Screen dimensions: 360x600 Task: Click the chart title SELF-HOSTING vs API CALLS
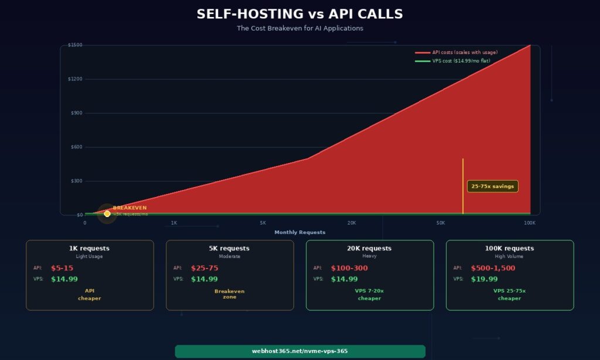(299, 14)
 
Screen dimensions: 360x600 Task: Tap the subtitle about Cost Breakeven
(299, 28)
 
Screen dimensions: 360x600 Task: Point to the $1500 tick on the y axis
(75, 45)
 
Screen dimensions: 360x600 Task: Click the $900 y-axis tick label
(76, 113)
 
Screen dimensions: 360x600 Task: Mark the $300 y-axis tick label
(76, 181)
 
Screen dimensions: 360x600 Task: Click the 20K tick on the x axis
(352, 223)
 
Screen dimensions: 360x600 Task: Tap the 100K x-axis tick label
(530, 223)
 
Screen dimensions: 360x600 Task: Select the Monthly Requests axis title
(299, 232)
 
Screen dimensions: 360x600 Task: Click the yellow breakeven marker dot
(107, 214)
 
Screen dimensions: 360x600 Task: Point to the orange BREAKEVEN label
(129, 208)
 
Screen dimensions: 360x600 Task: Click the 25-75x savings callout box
(492, 186)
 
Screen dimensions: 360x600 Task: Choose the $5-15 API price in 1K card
(62, 268)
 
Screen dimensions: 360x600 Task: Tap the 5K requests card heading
(230, 248)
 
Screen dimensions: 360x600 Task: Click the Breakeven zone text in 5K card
(230, 294)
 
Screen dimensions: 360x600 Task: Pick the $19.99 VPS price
(484, 279)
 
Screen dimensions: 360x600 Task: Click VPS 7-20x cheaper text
(369, 294)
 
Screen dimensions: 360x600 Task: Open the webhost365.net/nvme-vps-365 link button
(299, 351)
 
